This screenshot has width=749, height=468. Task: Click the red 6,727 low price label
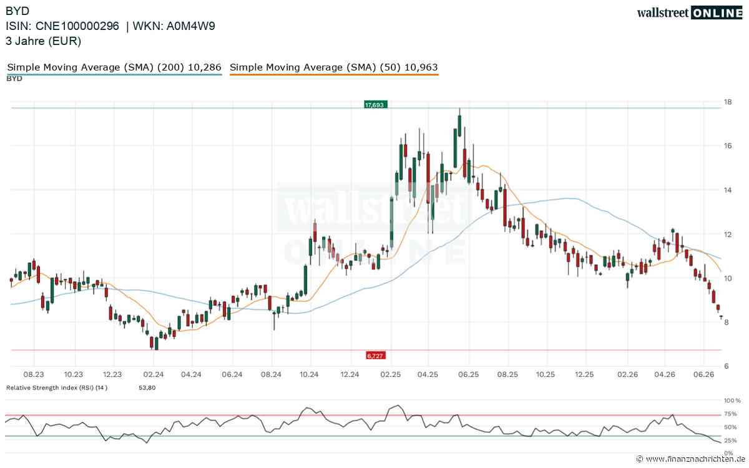click(x=376, y=356)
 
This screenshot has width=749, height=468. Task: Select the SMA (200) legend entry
click(x=114, y=67)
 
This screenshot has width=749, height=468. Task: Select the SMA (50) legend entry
click(x=334, y=67)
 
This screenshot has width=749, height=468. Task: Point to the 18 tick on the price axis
click(x=728, y=102)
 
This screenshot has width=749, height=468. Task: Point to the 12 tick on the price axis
click(x=728, y=235)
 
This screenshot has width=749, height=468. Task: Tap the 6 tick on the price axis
click(x=727, y=366)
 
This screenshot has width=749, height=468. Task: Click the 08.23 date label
click(x=34, y=374)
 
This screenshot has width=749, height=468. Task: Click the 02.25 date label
click(x=390, y=374)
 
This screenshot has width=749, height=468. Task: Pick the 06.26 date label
click(x=703, y=374)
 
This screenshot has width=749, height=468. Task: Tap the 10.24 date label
click(x=309, y=374)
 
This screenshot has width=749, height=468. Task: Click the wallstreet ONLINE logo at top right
click(x=690, y=13)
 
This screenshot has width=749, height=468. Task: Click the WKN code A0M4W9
click(x=190, y=26)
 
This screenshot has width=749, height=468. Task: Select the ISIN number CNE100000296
click(x=77, y=26)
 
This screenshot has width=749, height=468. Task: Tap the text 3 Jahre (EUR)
click(x=44, y=41)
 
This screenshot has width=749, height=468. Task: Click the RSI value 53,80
click(x=147, y=388)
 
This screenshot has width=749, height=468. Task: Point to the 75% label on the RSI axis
click(x=730, y=414)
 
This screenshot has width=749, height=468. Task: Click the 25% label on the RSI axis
click(x=730, y=441)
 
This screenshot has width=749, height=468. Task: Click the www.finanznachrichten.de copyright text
click(x=691, y=459)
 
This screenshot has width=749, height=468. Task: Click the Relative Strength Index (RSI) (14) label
click(x=57, y=388)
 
